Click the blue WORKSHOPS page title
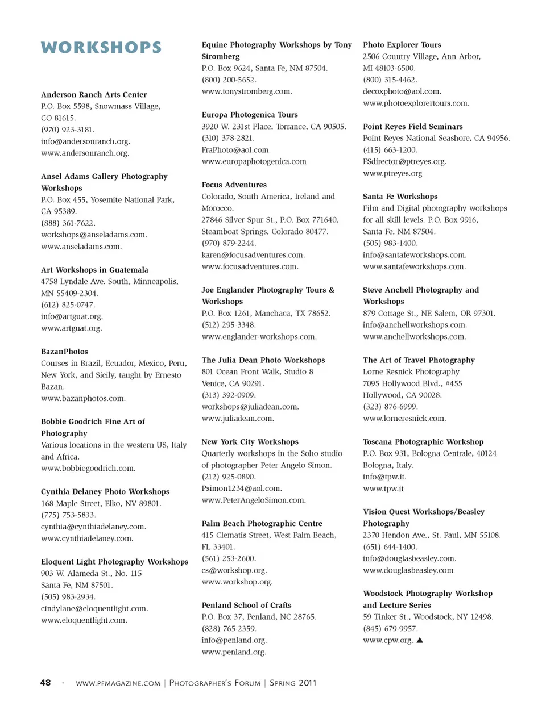[x=101, y=48]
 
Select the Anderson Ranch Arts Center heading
[x=94, y=95]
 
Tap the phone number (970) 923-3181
[x=67, y=130]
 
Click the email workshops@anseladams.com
[x=94, y=235]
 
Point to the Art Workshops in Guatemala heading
[x=94, y=270]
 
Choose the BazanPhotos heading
[x=64, y=352]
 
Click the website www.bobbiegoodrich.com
[x=88, y=469]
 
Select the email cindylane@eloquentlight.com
[x=94, y=609]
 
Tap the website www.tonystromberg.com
[x=246, y=91]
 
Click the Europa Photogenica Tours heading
[x=250, y=115]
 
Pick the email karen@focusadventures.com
[x=253, y=255]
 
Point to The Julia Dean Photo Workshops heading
[x=263, y=360]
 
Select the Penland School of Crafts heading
[x=246, y=606]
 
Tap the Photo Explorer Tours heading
[x=402, y=45]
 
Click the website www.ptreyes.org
[x=392, y=173]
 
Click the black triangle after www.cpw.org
[x=420, y=640]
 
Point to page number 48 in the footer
[x=45, y=683]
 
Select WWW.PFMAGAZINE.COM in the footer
[x=118, y=683]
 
